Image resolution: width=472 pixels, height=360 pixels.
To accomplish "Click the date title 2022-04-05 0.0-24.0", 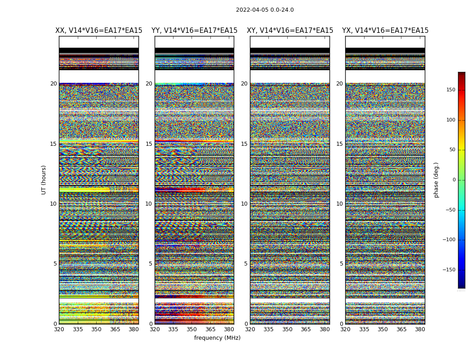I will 265,10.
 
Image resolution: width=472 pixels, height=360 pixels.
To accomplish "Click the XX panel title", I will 98,31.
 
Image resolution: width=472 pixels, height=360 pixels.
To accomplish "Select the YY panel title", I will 194,31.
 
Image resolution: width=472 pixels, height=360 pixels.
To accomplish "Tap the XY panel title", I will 290,31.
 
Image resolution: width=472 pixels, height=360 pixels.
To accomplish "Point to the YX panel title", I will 385,31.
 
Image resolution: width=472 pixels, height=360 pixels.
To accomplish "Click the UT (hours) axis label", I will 44,180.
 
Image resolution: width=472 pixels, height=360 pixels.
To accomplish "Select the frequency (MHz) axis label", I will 217,338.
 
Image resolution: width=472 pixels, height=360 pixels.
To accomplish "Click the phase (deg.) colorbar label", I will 436,180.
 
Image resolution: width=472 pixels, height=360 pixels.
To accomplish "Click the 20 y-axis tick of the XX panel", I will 53,84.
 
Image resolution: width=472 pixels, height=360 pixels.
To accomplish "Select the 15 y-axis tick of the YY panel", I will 149,144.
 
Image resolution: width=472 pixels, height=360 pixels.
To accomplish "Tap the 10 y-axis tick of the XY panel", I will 244,204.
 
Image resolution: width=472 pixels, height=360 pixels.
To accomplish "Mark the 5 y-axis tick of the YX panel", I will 341,264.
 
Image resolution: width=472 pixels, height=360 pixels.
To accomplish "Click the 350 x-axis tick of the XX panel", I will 96,329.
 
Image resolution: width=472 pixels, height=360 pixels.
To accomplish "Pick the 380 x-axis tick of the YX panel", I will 420,329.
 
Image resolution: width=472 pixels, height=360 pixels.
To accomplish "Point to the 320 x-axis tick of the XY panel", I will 250,329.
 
